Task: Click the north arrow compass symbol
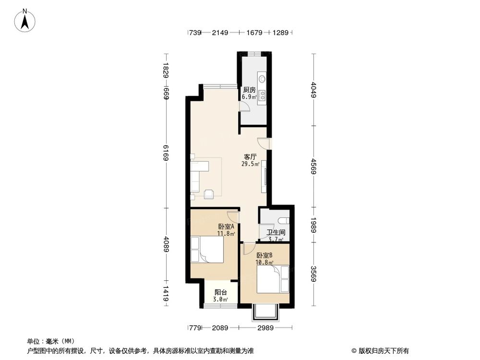pos(25,20)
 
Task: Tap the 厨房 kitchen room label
pos(249,90)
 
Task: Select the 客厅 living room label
pos(250,157)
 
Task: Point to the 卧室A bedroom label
pos(226,227)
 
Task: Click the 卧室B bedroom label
pos(264,255)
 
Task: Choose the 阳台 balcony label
pos(221,292)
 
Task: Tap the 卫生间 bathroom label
pos(276,233)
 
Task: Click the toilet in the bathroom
pos(284,220)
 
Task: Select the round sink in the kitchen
pos(263,79)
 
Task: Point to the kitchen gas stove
pos(263,96)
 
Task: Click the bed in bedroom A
pos(207,249)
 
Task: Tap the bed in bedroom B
pos(273,279)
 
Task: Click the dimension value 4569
pos(313,167)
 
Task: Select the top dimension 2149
pos(220,33)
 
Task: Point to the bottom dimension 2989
pos(265,328)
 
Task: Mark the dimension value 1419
pos(166,293)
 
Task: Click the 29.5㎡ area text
pos(251,164)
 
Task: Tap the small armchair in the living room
pos(209,194)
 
